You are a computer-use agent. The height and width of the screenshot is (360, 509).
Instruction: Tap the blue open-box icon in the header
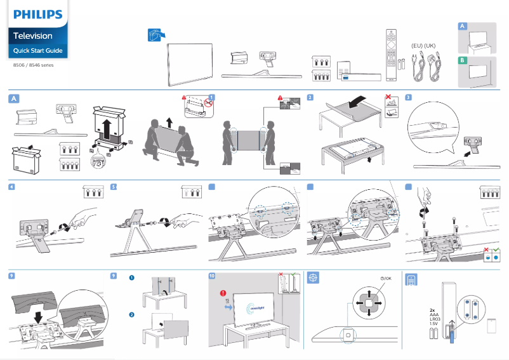tap(155, 36)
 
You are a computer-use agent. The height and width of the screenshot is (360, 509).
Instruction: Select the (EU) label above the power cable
tap(417, 46)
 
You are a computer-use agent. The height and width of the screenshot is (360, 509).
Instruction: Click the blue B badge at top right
tap(463, 61)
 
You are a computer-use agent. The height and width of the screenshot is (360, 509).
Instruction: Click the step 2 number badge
tap(310, 98)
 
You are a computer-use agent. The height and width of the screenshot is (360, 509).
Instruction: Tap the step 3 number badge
tap(408, 98)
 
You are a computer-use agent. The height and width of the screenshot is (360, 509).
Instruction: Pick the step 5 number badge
tap(114, 187)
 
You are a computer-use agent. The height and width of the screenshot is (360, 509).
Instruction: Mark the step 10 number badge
tap(212, 276)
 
